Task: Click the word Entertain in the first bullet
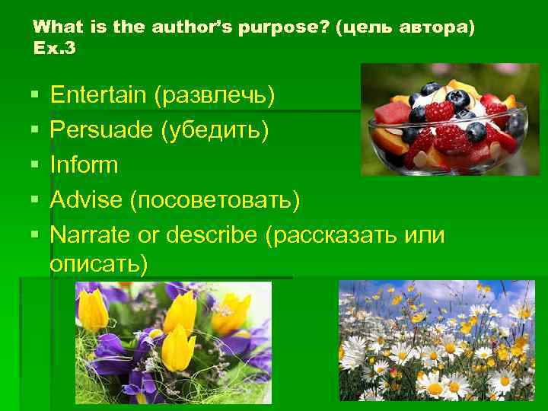pos(98,95)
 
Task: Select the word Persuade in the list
pos(101,130)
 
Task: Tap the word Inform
pos(84,164)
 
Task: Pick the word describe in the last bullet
pos(213,234)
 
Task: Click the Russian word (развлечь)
pos(215,96)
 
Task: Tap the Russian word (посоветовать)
pos(215,200)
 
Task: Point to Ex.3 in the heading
pos(55,48)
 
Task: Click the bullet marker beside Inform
pos(35,165)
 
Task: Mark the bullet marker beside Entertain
pos(35,96)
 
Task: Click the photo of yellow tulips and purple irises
pos(173,342)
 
